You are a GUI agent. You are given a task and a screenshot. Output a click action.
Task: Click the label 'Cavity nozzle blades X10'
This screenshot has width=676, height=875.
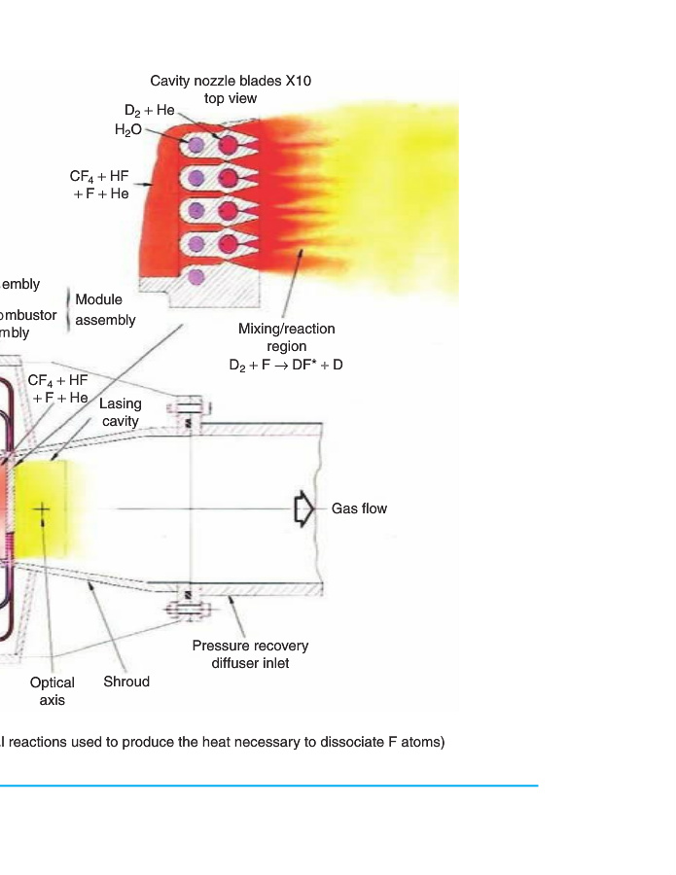(x=231, y=81)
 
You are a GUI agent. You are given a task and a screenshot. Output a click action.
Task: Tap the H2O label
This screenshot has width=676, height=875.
(x=128, y=128)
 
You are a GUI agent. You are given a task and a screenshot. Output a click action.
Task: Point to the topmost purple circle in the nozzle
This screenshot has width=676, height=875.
(x=196, y=145)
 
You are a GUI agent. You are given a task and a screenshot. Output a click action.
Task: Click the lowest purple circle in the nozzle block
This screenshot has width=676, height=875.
(x=196, y=277)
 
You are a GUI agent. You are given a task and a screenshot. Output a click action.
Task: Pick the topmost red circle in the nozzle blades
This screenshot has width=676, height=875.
(x=230, y=146)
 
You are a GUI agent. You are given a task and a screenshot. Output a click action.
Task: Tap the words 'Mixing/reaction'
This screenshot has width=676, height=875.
(x=286, y=329)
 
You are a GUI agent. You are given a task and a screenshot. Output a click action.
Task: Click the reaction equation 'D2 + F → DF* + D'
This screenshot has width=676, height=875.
(x=286, y=365)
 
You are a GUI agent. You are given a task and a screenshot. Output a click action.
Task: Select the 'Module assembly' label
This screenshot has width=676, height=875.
(x=105, y=309)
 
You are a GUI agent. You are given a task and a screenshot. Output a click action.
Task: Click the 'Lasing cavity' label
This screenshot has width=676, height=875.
(x=121, y=412)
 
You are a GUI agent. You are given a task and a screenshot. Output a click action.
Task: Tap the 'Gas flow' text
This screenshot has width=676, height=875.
(x=359, y=508)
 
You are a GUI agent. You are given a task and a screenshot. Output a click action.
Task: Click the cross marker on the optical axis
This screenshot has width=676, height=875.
(x=43, y=508)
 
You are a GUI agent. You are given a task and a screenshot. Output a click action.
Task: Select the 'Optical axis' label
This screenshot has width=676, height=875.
(x=52, y=690)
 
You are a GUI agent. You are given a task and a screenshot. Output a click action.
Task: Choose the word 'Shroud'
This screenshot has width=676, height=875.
(x=126, y=682)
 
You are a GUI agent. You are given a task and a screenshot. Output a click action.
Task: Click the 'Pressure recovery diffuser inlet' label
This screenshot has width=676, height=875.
(x=250, y=654)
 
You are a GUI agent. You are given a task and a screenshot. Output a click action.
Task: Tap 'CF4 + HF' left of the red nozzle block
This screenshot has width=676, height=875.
(x=99, y=177)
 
